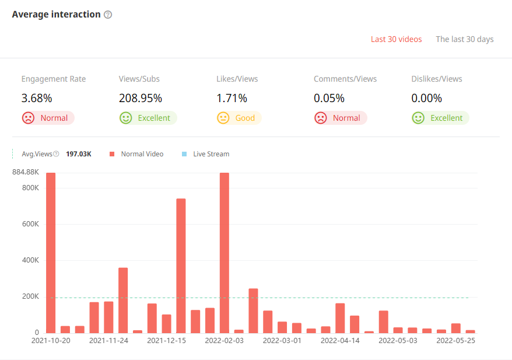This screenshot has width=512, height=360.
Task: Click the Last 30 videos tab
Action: click(x=396, y=39)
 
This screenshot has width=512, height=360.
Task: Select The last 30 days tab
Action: click(x=464, y=39)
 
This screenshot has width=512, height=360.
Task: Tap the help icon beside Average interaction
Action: click(x=108, y=15)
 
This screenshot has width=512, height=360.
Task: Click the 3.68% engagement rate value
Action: click(x=37, y=98)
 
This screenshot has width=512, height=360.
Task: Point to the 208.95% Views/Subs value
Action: click(x=141, y=98)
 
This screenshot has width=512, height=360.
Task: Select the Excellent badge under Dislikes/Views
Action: click(x=440, y=118)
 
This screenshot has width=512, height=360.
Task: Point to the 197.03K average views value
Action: click(x=79, y=154)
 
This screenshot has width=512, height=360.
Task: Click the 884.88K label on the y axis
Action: click(x=25, y=172)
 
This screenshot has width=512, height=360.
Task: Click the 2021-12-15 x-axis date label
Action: click(x=166, y=340)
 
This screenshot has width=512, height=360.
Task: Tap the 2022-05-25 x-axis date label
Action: click(x=456, y=340)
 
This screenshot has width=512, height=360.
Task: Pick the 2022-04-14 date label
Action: click(x=340, y=340)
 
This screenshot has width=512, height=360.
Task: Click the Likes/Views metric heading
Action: click(x=237, y=79)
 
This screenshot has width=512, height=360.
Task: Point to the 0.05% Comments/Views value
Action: click(x=329, y=98)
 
